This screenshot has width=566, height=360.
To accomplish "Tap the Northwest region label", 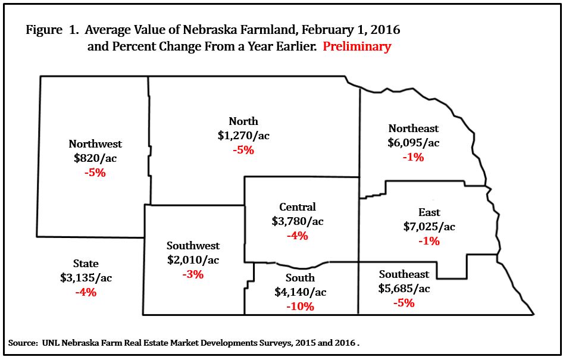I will pos(95,143).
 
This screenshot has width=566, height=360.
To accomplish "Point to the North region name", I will pos(243,121).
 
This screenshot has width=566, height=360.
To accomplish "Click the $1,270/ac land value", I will pos(243,136).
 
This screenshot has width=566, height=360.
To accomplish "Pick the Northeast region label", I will pos(414,129).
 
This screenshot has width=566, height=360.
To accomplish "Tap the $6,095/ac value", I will pos(414,143).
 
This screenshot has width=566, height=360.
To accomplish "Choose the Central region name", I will pos(298,207).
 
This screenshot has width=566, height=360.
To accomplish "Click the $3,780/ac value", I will pos(298,221).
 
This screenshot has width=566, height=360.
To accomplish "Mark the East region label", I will pos(429,212).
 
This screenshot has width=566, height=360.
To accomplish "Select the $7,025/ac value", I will pos(429,227).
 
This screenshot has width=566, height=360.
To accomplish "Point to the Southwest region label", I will pos(193,246).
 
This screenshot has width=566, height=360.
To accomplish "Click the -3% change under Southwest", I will pos(193,274).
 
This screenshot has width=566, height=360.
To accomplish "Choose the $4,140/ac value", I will pos(301,292).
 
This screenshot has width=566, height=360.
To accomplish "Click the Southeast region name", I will pos(404,274).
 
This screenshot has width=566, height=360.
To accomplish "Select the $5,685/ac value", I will pos(404,289).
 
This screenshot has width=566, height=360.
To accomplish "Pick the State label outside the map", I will pos(86,264).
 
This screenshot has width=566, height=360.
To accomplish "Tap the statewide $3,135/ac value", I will pos(86,278).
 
